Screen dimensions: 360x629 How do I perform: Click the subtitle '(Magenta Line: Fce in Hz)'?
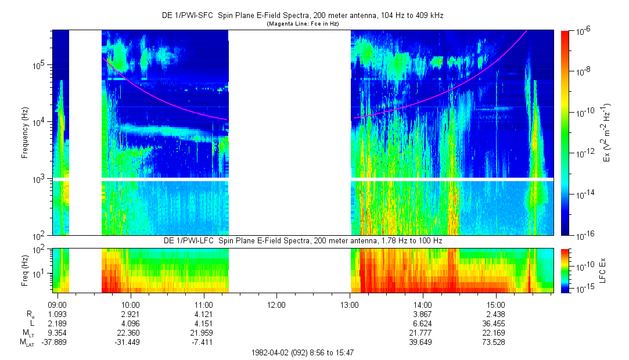[x=303, y=24]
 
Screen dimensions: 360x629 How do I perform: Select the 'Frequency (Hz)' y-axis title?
[x=25, y=133]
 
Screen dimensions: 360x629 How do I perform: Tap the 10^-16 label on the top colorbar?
[x=584, y=235]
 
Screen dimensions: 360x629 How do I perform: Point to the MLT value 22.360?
[x=130, y=333]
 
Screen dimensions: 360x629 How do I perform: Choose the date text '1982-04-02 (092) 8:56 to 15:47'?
[x=303, y=352]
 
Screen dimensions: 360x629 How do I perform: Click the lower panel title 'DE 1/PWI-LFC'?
[x=303, y=240]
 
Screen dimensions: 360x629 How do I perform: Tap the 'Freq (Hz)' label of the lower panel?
[x=25, y=269]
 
